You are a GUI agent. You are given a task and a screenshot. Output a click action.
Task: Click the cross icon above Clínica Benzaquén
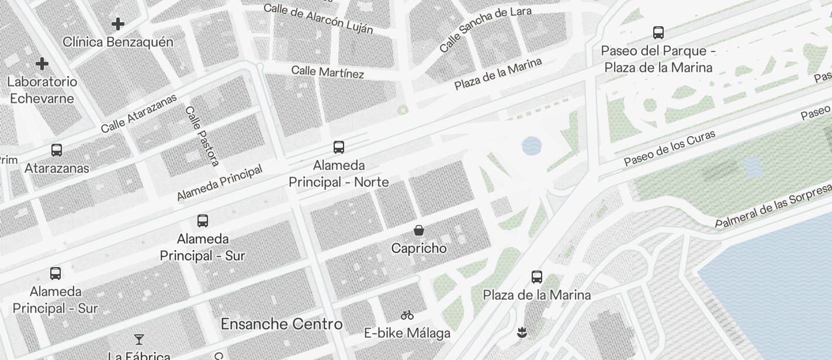tap(118, 24)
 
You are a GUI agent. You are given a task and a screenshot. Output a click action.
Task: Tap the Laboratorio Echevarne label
tap(42, 89)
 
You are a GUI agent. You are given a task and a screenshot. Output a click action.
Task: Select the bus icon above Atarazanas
tap(57, 150)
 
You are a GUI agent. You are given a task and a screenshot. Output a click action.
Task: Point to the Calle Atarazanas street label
tap(138, 113)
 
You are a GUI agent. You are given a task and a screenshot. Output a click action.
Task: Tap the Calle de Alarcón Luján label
tap(318, 18)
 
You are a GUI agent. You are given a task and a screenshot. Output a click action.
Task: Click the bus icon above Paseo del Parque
tap(658, 33)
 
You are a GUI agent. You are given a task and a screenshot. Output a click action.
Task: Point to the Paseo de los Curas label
tap(669, 148)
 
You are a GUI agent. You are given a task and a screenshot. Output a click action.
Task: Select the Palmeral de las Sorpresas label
tap(772, 205)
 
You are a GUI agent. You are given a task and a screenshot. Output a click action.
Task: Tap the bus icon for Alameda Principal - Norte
tap(339, 147)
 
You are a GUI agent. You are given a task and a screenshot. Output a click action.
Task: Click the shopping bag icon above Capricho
tap(419, 230)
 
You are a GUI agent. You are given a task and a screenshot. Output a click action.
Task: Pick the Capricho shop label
tap(419, 248)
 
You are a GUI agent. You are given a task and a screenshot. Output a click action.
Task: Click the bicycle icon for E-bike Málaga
tap(407, 315)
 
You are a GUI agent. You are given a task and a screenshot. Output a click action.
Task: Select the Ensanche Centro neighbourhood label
tap(282, 324)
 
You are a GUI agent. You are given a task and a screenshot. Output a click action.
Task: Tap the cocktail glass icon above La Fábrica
tap(139, 339)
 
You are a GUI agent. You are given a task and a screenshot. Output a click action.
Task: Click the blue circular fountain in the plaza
tap(531, 146)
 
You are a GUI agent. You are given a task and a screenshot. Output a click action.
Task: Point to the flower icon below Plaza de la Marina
tap(522, 333)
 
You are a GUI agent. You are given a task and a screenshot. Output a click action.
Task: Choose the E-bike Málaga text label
tap(407, 333)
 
